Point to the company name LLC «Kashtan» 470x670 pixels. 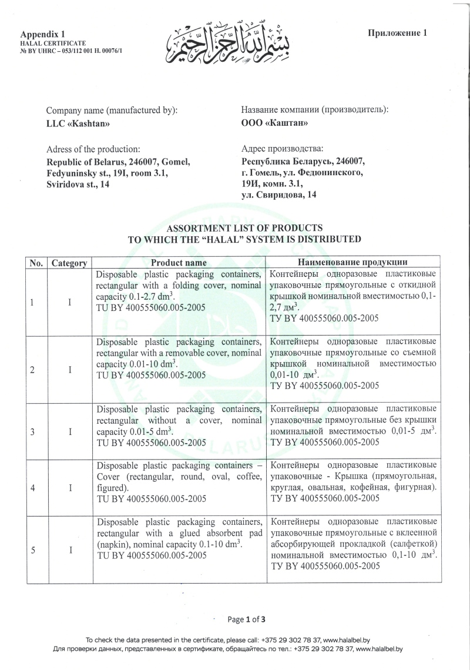pyautogui.click(x=78, y=123)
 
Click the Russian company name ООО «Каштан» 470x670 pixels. pyautogui.click(x=275, y=123)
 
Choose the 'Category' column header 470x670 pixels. pyautogui.click(x=69, y=263)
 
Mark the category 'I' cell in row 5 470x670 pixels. pyautogui.click(x=70, y=550)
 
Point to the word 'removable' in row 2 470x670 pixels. pyautogui.click(x=190, y=352)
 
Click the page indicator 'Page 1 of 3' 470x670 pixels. pyautogui.click(x=247, y=619)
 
